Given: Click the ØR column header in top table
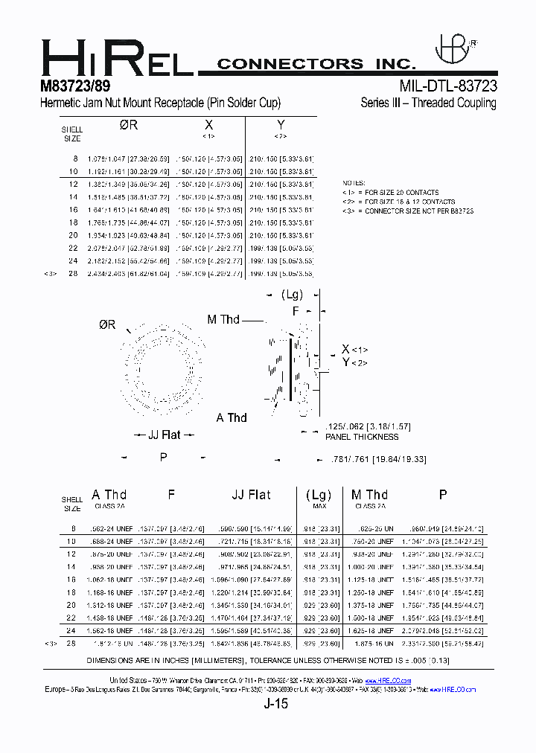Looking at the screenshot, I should [x=129, y=125].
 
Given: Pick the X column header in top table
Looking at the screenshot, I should [x=208, y=125].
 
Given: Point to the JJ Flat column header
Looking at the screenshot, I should [x=251, y=495].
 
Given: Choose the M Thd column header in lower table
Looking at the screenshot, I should [x=369, y=495].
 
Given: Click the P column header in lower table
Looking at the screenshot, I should [x=443, y=495].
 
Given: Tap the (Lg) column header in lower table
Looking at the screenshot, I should [x=318, y=495].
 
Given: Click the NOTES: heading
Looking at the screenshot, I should [x=354, y=183].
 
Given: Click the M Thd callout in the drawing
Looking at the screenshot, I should [x=223, y=319].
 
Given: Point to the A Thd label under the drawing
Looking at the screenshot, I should [x=232, y=417].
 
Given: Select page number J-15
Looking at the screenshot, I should [x=275, y=703].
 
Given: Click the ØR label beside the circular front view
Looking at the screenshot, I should [x=106, y=325].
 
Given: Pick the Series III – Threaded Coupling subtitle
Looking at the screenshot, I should [x=428, y=103].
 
